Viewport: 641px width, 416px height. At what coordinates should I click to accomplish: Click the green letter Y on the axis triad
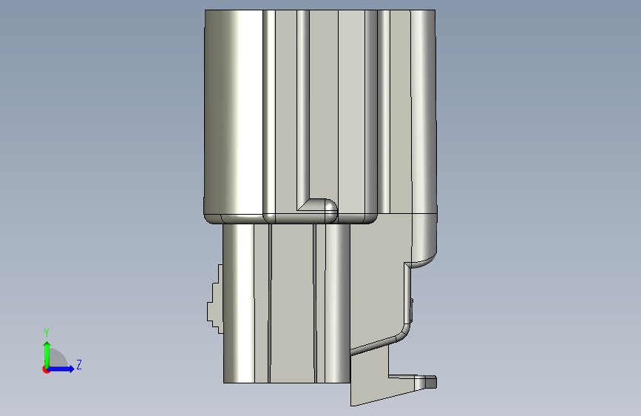47,332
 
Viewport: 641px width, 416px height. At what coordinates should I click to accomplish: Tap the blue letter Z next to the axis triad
79,364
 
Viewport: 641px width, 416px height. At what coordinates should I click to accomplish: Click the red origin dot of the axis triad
46,369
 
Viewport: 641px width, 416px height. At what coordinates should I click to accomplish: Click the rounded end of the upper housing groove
330,207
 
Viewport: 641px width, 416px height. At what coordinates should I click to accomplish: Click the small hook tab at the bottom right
426,382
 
